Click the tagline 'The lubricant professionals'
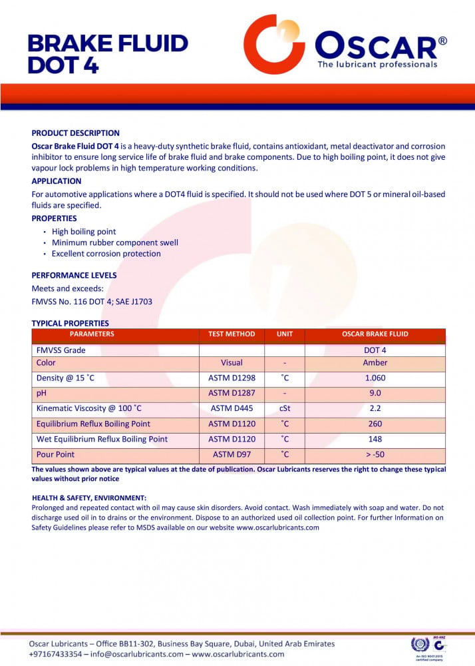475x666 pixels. (x=377, y=65)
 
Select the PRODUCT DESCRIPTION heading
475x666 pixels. (x=76, y=133)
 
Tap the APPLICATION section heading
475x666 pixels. (x=57, y=181)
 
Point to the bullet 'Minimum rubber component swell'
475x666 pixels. (x=115, y=243)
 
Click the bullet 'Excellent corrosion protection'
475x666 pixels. (x=106, y=254)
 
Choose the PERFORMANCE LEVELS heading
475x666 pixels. (x=74, y=275)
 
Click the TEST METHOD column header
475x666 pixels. (x=232, y=334)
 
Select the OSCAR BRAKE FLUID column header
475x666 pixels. (x=375, y=334)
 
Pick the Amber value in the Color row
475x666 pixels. (x=375, y=363)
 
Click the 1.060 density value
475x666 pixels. (x=375, y=378)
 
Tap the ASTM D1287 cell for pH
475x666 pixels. (x=232, y=394)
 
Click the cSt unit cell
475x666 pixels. (x=284, y=409)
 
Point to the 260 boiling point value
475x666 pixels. (x=375, y=424)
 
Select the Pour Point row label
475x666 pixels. (x=56, y=455)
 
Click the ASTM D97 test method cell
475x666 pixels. (x=232, y=455)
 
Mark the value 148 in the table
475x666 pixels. (x=375, y=440)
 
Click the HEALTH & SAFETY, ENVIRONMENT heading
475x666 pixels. (x=89, y=498)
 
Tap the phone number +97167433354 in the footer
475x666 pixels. (x=56, y=654)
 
